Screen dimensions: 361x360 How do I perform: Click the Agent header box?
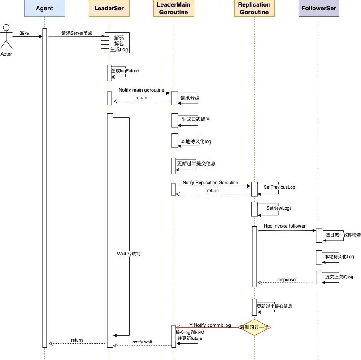[44, 8]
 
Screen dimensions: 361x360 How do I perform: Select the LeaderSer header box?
[109, 8]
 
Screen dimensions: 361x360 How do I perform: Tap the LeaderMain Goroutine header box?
[174, 8]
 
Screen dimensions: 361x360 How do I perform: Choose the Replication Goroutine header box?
[254, 8]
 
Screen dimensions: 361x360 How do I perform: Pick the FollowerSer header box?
[319, 8]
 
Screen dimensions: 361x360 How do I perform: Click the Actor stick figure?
[6, 36]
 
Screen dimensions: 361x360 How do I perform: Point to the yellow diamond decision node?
[254, 327]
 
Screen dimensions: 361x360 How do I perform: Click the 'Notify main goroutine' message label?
[141, 90]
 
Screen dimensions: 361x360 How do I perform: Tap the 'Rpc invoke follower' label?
[285, 226]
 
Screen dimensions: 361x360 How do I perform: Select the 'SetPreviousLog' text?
[279, 187]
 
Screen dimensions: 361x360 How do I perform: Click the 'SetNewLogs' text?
[279, 208]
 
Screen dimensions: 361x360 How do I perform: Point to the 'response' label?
[286, 280]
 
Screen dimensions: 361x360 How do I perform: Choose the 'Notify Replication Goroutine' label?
[210, 183]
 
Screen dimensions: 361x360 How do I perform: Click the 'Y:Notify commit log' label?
[210, 325]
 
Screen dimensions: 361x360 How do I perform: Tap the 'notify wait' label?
[142, 342]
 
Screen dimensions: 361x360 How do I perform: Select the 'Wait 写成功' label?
[129, 254]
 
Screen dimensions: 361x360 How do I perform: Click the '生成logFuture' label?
[125, 71]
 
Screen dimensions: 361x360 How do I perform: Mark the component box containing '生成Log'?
[115, 43]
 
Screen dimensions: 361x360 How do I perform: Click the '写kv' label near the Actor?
[24, 33]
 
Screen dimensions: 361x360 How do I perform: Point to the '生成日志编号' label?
[196, 119]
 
